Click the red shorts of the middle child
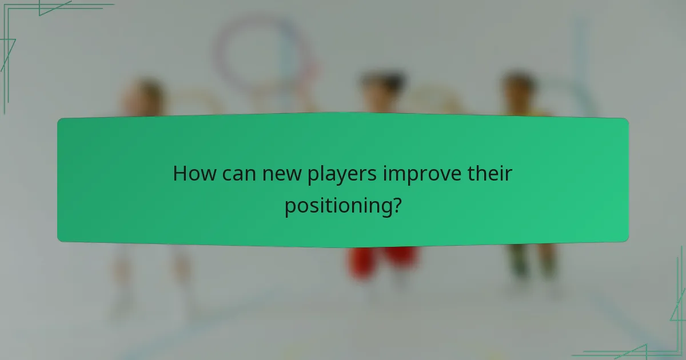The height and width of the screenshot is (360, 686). tap(382, 260)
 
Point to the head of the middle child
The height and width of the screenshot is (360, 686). tap(382, 89)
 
